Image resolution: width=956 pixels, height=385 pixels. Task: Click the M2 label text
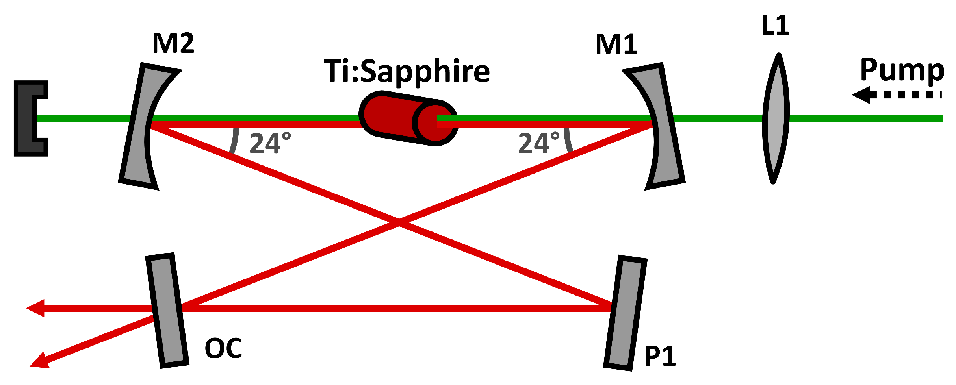tap(173, 43)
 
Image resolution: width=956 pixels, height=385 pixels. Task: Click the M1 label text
tap(616, 44)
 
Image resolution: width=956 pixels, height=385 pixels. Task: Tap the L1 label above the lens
tap(775, 26)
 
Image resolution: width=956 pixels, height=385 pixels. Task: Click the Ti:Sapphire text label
tap(407, 71)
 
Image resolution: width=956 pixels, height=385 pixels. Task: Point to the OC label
tap(223, 348)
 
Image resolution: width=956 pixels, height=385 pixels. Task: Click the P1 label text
tap(660, 357)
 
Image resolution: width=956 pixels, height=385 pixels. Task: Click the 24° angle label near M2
tap(270, 143)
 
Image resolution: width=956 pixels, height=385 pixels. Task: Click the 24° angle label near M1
tap(539, 143)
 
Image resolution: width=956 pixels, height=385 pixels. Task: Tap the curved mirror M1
tap(662, 126)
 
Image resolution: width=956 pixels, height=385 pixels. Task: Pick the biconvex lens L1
tap(776, 118)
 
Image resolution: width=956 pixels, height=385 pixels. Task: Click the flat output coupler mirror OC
tap(167, 310)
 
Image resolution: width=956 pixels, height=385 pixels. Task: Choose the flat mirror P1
tap(625, 313)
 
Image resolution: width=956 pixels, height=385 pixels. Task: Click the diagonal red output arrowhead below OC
tap(39, 361)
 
